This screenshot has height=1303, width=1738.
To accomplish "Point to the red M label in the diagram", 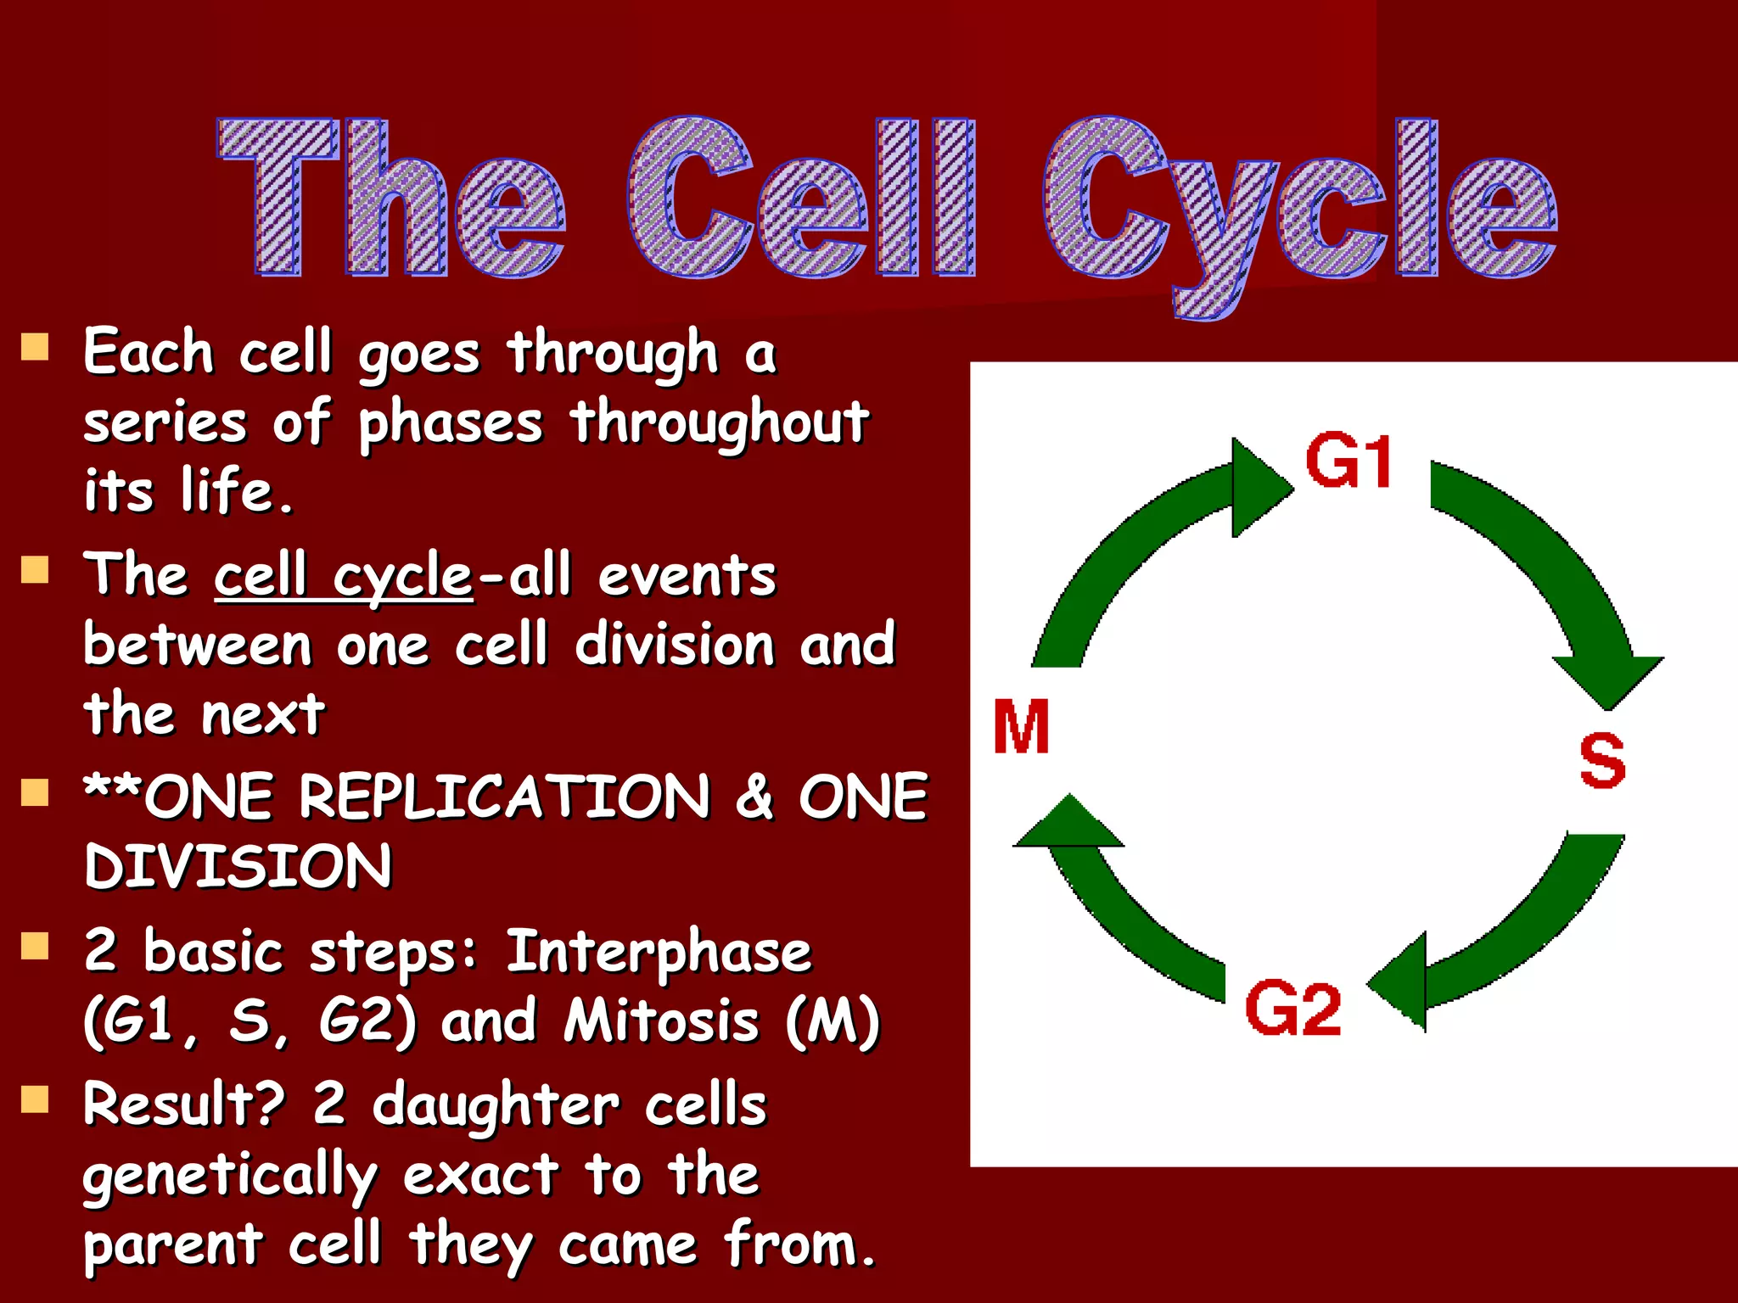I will tap(1021, 727).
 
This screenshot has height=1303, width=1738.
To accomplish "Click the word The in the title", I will tap(390, 199).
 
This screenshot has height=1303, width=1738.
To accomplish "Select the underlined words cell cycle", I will tap(343, 577).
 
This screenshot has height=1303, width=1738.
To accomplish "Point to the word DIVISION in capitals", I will tap(238, 867).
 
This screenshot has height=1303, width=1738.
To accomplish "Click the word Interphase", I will tap(659, 952).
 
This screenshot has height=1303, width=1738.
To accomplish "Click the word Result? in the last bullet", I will tap(183, 1104).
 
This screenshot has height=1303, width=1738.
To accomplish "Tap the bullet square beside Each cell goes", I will tap(35, 347).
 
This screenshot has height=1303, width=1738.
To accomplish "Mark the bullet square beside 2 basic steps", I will tap(35, 945).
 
